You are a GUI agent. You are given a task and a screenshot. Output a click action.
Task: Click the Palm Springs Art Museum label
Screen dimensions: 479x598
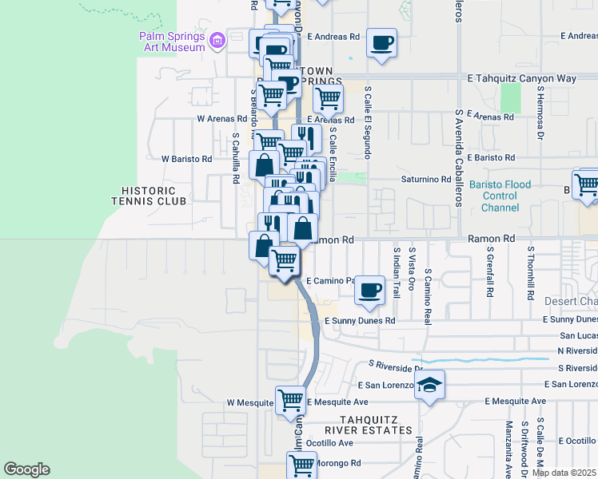tap(171, 42)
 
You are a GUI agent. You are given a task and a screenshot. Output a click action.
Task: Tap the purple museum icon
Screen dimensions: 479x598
tap(217, 40)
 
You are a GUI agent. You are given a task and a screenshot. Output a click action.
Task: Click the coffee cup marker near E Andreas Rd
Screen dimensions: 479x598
tap(381, 42)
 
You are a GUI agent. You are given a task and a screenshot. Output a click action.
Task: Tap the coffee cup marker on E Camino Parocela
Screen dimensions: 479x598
tap(369, 290)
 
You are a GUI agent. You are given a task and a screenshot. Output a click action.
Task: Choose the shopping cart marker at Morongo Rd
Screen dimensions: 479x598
tap(301, 465)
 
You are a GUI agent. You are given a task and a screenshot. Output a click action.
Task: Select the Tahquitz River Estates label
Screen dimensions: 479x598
tap(375, 425)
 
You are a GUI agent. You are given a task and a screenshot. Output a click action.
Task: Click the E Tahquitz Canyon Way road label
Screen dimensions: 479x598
tap(521, 78)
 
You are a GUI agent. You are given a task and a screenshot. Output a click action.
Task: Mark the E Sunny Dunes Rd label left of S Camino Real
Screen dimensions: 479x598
tap(360, 320)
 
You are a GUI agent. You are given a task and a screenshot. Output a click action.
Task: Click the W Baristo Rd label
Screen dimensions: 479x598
tap(186, 159)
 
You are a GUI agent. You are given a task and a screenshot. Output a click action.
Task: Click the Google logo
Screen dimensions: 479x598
tap(26, 469)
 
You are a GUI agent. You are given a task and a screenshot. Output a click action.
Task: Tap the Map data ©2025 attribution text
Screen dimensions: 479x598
tap(564, 473)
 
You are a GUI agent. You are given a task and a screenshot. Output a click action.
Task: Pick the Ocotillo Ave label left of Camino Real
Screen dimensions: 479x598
tap(329, 442)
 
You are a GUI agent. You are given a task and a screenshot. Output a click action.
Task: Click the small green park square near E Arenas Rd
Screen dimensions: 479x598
tap(508, 98)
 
